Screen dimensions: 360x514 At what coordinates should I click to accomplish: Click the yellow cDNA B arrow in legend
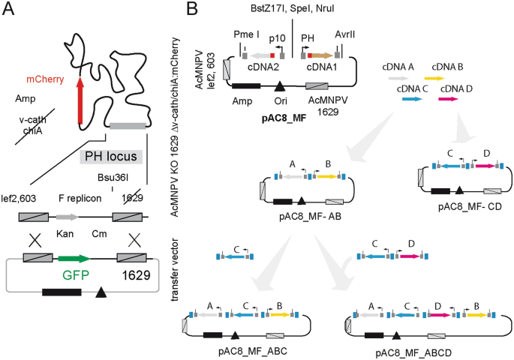click(433, 77)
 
